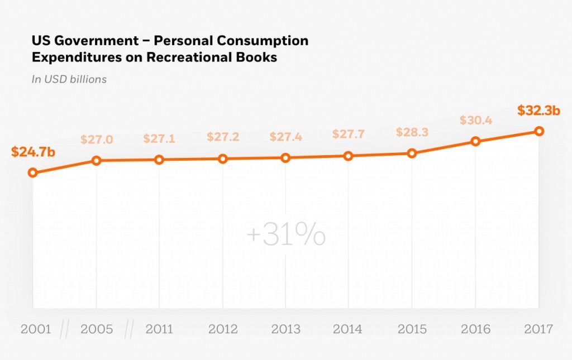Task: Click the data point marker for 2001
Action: [32, 173]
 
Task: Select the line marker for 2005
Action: [96, 161]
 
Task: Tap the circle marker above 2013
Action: [285, 158]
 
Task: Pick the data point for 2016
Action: [475, 141]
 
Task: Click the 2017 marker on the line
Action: [539, 131]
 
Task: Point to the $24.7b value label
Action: [33, 151]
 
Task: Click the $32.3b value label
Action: [538, 111]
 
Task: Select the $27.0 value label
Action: [96, 140]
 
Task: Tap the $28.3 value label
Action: [412, 132]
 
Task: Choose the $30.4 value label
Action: [476, 120]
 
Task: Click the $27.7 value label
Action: [349, 135]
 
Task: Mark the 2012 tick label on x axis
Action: [223, 329]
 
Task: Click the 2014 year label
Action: [348, 329]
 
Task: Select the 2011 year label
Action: [160, 329]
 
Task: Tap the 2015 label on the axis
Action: [412, 329]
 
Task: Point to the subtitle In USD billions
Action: [69, 79]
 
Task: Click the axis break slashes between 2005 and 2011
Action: [128, 329]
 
